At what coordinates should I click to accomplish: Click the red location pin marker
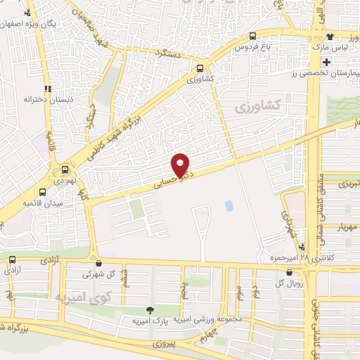(181, 165)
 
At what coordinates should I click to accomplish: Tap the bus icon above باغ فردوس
(252, 37)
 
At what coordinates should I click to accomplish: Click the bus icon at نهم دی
(65, 169)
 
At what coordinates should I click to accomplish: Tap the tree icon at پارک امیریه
(149, 310)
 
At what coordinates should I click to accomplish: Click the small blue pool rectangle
(229, 206)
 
